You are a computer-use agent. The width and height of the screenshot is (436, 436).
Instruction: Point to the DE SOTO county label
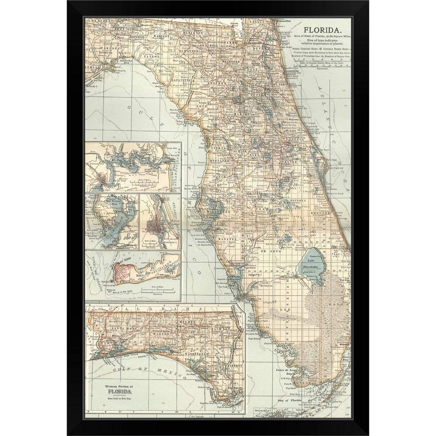(x=266, y=252)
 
